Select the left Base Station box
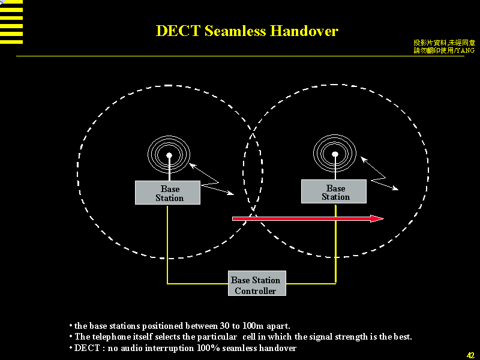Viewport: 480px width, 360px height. coord(167,193)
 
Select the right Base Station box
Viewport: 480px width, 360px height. coord(334,192)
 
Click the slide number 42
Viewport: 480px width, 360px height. coord(470,355)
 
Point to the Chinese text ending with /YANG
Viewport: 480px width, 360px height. coord(445,50)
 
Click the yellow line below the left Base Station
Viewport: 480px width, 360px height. coord(167,240)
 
